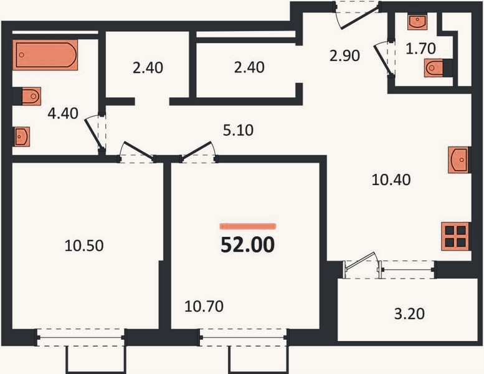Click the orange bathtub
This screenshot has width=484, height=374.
[x=45, y=55]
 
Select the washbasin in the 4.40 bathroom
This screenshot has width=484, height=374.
[x=22, y=136]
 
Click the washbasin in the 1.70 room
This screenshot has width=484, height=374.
[x=417, y=21]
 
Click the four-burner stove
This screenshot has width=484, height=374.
[x=455, y=236]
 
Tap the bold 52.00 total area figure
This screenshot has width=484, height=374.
[x=247, y=244]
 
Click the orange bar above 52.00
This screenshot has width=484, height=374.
[x=248, y=226]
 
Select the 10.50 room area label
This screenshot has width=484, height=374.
[x=84, y=246]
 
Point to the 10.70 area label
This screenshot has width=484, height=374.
[x=204, y=306]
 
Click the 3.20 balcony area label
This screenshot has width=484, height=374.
[x=409, y=314]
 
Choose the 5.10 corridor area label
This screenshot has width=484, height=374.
[x=239, y=130]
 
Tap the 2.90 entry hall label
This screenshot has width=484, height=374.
[x=344, y=56]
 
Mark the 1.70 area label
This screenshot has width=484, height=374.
[x=420, y=49]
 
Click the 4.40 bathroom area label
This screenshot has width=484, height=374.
[x=63, y=113]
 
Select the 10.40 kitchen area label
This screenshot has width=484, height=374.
[x=391, y=180]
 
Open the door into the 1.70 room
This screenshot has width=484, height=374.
[x=382, y=60]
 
